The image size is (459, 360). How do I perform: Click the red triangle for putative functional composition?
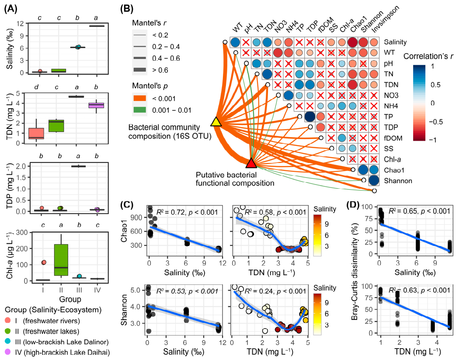251,163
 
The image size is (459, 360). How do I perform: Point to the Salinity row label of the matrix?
396,42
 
